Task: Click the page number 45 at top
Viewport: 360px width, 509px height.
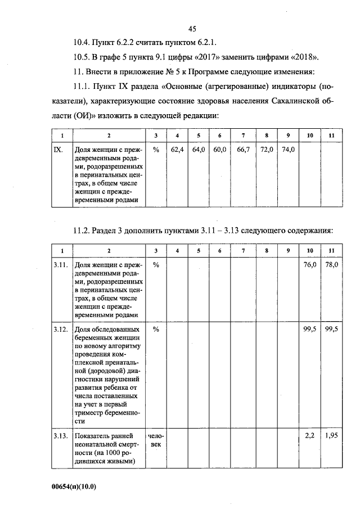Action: point(191,29)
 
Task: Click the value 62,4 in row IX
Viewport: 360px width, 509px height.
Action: point(178,150)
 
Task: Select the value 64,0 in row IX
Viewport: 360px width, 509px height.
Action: point(199,150)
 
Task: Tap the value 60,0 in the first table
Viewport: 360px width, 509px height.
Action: point(220,150)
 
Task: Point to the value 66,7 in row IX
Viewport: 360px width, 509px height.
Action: point(243,150)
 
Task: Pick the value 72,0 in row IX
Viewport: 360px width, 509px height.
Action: point(266,150)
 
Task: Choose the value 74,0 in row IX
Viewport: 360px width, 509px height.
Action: point(287,150)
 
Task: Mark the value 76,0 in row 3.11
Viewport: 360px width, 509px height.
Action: point(309,264)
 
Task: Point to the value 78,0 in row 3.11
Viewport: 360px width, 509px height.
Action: point(331,264)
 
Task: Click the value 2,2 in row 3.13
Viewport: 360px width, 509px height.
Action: point(309,436)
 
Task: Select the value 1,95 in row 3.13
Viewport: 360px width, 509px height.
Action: point(331,436)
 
